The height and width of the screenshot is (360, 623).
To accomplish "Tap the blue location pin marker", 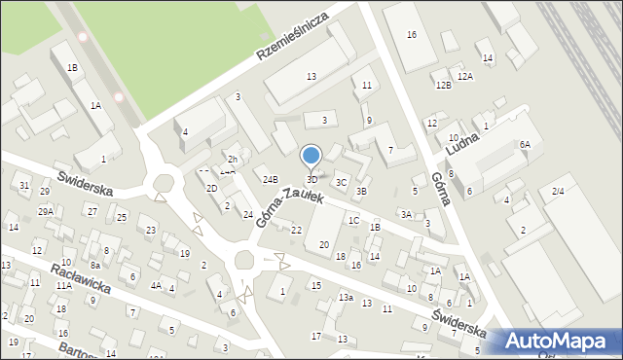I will click(311, 157).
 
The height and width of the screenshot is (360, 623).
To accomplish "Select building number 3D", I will click(311, 179).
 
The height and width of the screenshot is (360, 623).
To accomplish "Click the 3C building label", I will click(341, 182).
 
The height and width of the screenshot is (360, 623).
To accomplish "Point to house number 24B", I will click(270, 179).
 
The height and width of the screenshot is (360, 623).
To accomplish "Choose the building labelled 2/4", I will click(558, 192).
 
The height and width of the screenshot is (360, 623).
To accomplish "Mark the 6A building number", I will click(524, 144).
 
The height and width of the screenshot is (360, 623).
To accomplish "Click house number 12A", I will click(464, 76).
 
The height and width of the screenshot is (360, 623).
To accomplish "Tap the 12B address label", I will click(443, 86).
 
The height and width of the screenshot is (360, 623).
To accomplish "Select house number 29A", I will click(46, 211).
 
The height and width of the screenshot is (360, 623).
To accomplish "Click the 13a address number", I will click(346, 297).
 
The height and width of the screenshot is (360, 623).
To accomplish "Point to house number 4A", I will click(155, 285).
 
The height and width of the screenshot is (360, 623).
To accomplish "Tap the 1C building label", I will click(354, 220).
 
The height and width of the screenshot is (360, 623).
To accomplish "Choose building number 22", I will click(296, 230).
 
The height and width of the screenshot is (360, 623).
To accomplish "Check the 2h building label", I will click(233, 159).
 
